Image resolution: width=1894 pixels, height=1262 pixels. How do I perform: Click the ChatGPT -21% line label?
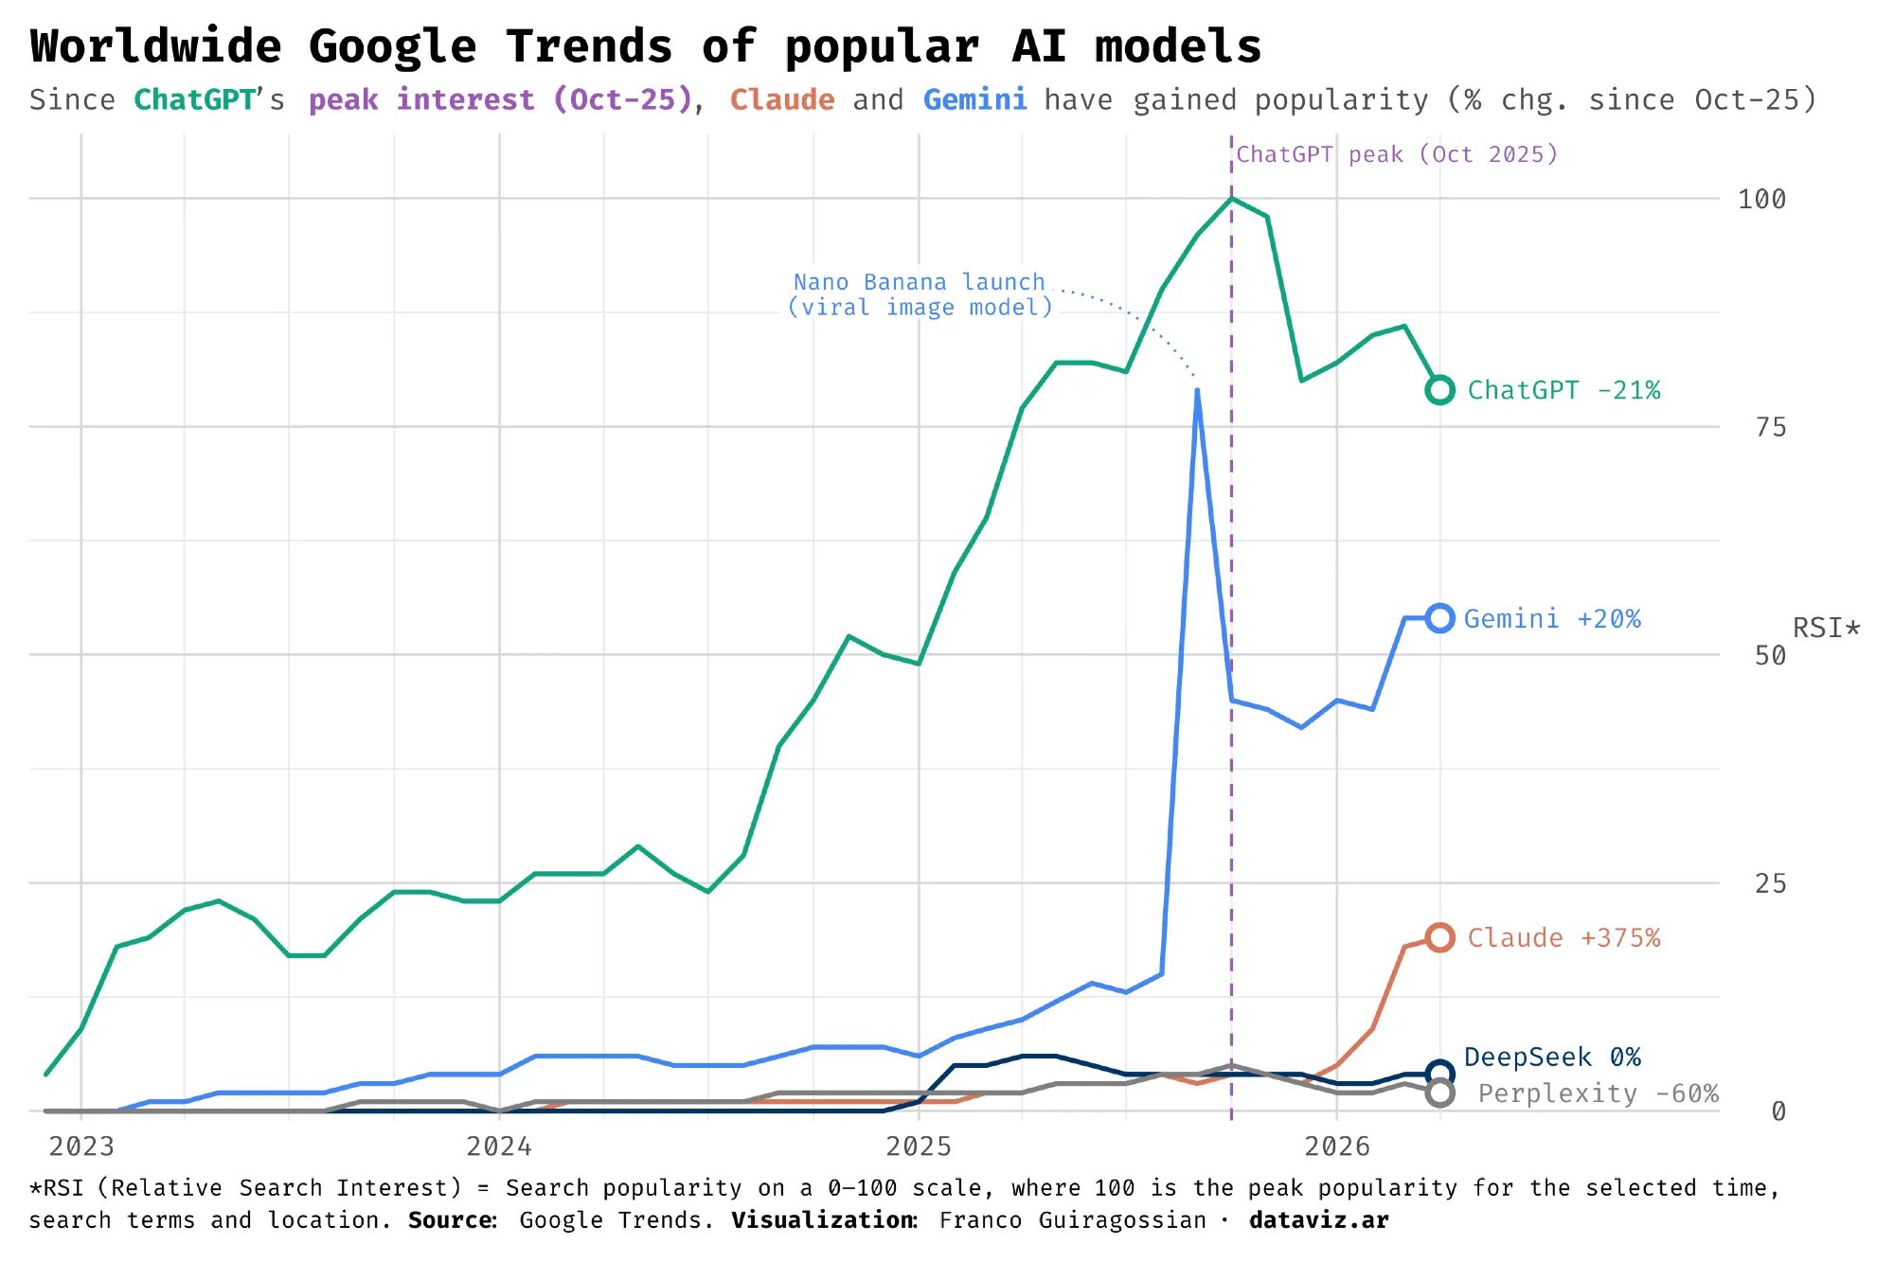(x=1563, y=390)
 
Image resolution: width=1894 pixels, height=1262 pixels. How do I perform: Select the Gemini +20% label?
(x=1552, y=619)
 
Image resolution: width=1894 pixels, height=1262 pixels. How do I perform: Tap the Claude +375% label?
(x=1563, y=938)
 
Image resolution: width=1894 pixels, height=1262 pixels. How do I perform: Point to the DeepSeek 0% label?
(x=1552, y=1058)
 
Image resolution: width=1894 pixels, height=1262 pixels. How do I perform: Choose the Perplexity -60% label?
(x=1598, y=1093)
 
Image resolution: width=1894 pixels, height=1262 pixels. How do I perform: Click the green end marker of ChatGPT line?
(x=1439, y=390)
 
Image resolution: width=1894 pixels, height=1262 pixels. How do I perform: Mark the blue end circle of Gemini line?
(x=1439, y=618)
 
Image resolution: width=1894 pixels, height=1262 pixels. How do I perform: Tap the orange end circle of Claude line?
(x=1439, y=938)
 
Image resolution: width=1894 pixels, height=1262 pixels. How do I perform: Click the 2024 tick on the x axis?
(x=499, y=1146)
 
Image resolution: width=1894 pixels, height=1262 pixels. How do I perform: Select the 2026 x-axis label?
(x=1336, y=1146)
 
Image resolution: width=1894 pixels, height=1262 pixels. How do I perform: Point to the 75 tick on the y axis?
(x=1770, y=428)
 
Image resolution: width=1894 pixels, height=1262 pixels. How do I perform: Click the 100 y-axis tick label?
(x=1761, y=200)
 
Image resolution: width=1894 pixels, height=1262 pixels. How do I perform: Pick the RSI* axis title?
(x=1826, y=629)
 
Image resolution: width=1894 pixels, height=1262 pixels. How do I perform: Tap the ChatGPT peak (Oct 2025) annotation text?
(x=1397, y=154)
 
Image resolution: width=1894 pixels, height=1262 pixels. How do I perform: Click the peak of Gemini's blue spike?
(x=1197, y=390)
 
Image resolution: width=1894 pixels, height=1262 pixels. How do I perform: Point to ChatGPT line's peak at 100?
(x=1231, y=198)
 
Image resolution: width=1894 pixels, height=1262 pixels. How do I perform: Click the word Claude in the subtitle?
(x=782, y=100)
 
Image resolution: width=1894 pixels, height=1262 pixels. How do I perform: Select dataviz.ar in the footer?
(x=1318, y=1220)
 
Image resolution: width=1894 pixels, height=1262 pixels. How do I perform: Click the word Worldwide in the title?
(x=156, y=46)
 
